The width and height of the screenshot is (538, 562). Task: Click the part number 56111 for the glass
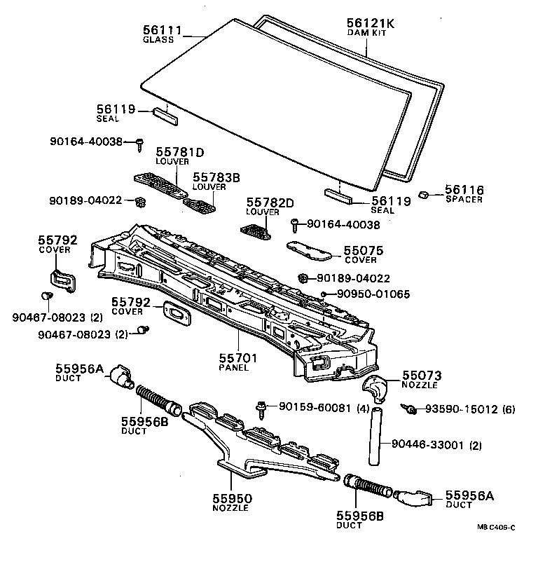click(x=162, y=30)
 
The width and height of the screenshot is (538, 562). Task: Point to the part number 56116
click(x=464, y=190)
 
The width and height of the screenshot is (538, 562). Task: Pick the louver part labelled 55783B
click(x=200, y=205)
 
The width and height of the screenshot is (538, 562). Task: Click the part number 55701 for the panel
click(x=238, y=358)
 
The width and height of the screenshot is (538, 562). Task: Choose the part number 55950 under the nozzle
click(x=232, y=498)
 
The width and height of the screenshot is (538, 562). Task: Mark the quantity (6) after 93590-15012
click(x=508, y=409)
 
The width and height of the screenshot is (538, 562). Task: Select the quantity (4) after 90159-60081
click(x=363, y=408)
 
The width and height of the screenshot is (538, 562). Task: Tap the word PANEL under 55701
click(x=233, y=368)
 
